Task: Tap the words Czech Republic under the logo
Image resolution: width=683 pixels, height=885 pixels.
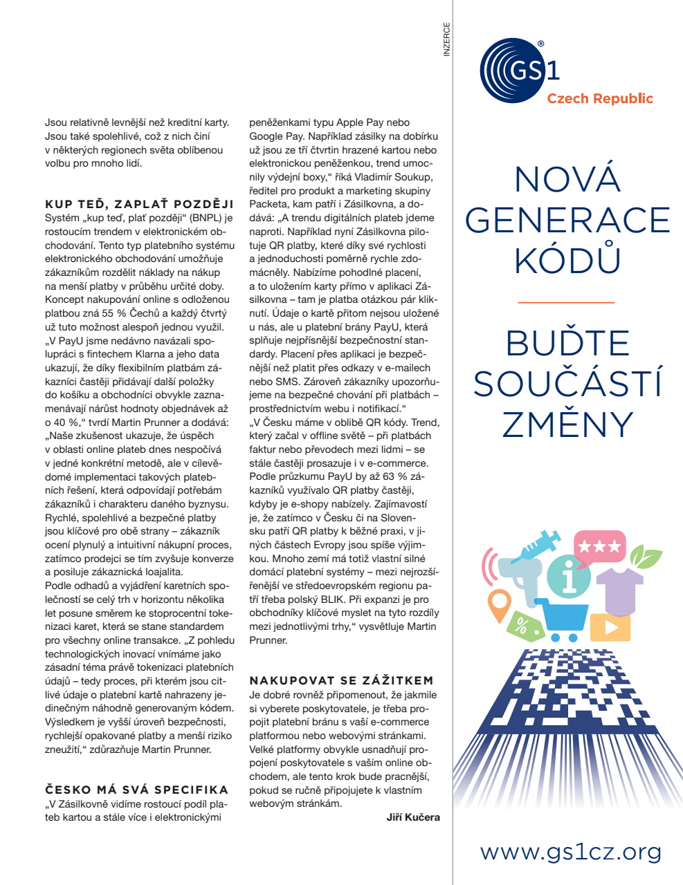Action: (x=599, y=99)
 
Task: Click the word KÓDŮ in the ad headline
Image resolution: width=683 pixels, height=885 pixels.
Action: (x=567, y=261)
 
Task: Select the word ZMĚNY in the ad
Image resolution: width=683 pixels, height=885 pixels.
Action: (x=567, y=425)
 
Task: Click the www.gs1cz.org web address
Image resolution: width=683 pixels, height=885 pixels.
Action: (x=571, y=852)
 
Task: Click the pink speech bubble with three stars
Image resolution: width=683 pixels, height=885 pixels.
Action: (x=599, y=547)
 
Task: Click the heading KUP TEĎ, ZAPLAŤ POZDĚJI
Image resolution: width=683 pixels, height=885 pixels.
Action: (x=139, y=204)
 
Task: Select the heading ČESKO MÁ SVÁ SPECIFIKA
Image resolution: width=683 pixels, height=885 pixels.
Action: (x=136, y=790)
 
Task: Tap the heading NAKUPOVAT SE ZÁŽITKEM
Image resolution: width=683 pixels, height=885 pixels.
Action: (x=341, y=680)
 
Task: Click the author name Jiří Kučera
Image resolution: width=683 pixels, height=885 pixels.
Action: (x=412, y=817)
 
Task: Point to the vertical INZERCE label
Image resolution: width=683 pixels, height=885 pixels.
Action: (x=446, y=39)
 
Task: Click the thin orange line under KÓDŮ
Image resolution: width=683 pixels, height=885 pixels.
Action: (x=566, y=303)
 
